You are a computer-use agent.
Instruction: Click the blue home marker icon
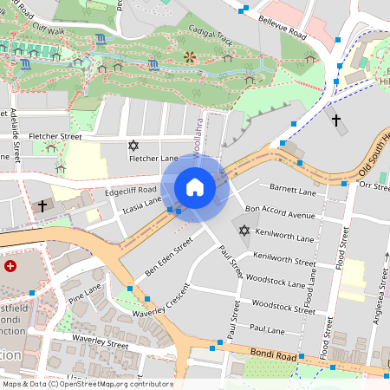click(195, 186)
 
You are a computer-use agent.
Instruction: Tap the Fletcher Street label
click(55, 136)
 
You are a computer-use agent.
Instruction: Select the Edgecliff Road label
click(130, 190)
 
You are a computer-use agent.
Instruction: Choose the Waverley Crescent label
click(160, 299)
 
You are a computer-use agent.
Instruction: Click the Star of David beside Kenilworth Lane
click(244, 231)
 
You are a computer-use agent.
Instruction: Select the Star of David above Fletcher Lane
click(133, 145)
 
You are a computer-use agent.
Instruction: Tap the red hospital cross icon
click(10, 265)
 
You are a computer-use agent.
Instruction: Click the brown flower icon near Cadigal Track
click(190, 57)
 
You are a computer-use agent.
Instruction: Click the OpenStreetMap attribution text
click(88, 384)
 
